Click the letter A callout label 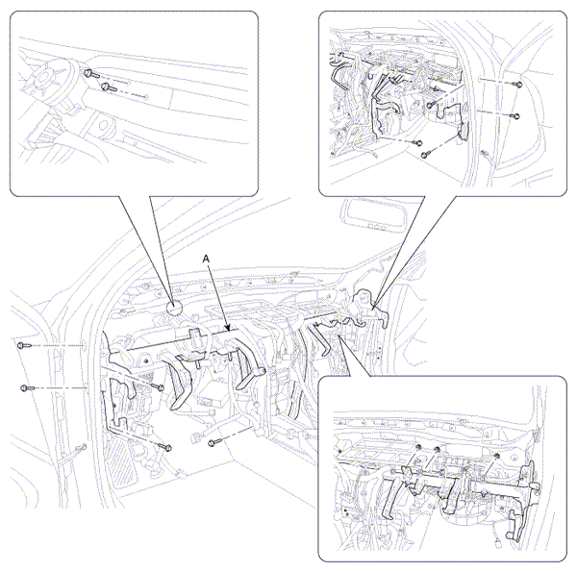click(206, 259)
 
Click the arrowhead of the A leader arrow click(228, 327)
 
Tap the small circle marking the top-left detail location click(174, 309)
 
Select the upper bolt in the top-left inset click(90, 74)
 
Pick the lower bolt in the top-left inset click(109, 87)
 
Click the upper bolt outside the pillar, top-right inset click(519, 85)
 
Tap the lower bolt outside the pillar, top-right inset click(515, 116)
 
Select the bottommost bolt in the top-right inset click(424, 155)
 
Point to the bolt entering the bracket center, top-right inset click(430, 105)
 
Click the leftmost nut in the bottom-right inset click(418, 447)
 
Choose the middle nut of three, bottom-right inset click(438, 449)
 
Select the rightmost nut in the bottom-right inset click(496, 457)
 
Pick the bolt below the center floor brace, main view click(213, 442)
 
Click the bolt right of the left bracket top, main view click(159, 387)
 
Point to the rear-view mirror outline click(374, 216)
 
